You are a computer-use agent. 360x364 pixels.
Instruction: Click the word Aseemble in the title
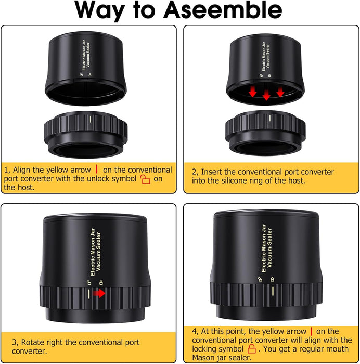(223, 10)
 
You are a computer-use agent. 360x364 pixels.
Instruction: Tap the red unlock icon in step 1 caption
(145, 179)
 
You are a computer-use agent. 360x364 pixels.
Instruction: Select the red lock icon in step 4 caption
(251, 349)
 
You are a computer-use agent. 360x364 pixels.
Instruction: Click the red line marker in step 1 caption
(96, 169)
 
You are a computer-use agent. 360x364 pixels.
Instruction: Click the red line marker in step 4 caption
(311, 331)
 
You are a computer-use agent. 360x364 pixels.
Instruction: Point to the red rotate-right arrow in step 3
(99, 293)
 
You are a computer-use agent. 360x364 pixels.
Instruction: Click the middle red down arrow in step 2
(266, 95)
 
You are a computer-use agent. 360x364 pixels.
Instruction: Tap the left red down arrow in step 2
(253, 92)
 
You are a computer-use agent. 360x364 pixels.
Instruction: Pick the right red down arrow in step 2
(280, 92)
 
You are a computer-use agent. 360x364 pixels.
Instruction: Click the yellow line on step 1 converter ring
(91, 119)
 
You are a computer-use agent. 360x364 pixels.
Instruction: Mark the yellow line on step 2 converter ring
(269, 118)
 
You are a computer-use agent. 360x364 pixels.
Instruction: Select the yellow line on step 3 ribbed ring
(89, 294)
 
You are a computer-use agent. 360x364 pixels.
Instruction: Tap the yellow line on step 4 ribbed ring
(273, 291)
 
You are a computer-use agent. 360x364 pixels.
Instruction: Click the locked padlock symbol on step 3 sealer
(101, 282)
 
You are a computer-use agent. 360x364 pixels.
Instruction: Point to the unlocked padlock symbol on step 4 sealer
(260, 279)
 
